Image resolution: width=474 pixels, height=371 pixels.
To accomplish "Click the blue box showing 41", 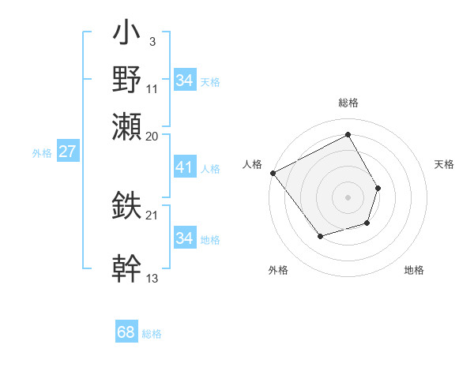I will (184, 168).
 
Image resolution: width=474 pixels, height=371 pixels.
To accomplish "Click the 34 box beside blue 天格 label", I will (184, 81).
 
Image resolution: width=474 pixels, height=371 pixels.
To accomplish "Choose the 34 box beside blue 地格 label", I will (184, 238).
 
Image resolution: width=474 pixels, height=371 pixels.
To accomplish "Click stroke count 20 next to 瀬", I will (152, 136).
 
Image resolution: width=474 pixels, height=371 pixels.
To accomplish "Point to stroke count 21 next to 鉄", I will (152, 215).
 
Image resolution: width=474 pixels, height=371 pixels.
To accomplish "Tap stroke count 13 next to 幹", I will (152, 278).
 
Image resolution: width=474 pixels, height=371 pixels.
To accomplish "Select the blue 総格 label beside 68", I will (152, 334).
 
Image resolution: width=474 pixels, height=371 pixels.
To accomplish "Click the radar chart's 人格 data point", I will (273, 173).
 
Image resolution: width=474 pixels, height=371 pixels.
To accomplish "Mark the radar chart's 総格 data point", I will (348, 134).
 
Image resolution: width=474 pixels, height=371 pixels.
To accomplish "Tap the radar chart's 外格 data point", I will (320, 236).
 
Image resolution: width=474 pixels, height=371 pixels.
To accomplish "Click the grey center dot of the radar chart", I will (348, 197).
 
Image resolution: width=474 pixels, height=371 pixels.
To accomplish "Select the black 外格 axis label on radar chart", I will (278, 270).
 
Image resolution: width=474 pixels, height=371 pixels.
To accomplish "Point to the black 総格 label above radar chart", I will (348, 103).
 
